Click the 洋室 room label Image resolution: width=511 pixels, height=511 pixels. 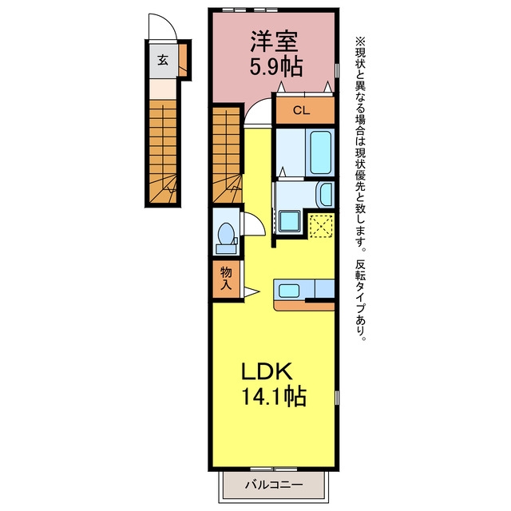click(x=274, y=42)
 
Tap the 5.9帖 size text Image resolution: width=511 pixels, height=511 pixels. click(x=276, y=67)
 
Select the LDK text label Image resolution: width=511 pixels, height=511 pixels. click(x=267, y=371)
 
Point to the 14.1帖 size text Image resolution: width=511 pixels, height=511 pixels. click(x=273, y=396)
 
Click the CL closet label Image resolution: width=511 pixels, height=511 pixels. click(x=301, y=110)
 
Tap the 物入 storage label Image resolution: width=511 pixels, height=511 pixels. click(x=226, y=278)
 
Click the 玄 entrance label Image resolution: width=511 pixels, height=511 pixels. click(x=163, y=60)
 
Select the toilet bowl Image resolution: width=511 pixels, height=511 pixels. click(x=225, y=233)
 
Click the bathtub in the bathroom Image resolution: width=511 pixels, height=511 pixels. click(x=321, y=153)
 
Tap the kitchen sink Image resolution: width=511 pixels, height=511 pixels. click(x=289, y=291)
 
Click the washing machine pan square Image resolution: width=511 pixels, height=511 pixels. click(x=290, y=221)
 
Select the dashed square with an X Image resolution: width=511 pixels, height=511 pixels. click(x=321, y=225)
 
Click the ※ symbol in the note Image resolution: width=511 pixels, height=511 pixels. click(x=360, y=42)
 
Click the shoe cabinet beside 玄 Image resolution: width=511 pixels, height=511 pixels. click(x=184, y=60)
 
